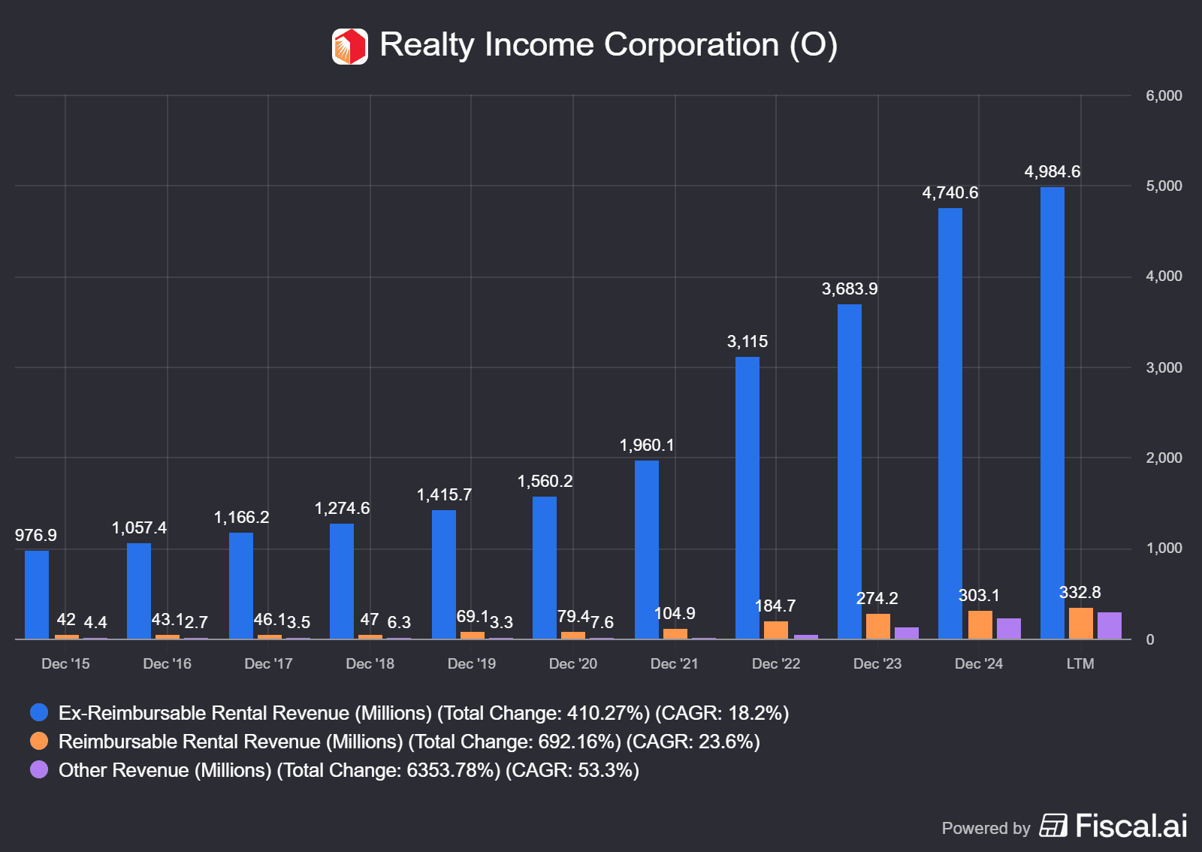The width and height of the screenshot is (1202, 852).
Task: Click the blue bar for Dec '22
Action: [747, 497]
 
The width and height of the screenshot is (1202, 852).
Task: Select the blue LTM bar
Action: [1053, 413]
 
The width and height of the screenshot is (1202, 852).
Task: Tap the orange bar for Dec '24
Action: [980, 625]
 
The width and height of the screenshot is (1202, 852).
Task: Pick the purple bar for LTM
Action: [1109, 626]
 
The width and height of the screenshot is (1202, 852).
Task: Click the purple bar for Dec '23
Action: [907, 633]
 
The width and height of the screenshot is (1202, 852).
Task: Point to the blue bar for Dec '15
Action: [37, 594]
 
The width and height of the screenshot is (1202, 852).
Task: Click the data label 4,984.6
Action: [1052, 172]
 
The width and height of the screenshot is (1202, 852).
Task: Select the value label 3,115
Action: [747, 342]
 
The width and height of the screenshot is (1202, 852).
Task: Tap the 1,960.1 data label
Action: [647, 446]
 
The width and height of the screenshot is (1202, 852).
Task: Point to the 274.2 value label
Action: [877, 599]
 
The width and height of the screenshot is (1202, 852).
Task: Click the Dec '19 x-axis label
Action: [472, 664]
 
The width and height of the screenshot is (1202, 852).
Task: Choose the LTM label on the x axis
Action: [1080, 664]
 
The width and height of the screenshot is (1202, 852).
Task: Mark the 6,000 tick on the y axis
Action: [1164, 96]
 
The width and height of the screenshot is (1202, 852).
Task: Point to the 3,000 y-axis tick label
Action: [1164, 368]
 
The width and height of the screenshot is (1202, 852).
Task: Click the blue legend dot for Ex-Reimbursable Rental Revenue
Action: [39, 713]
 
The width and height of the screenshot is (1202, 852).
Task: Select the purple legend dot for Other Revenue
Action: [39, 770]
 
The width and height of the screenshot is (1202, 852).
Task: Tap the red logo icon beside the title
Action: [350, 47]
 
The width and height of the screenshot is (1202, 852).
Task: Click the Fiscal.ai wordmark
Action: [1131, 826]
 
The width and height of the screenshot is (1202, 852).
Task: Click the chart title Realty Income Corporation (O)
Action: [608, 45]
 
